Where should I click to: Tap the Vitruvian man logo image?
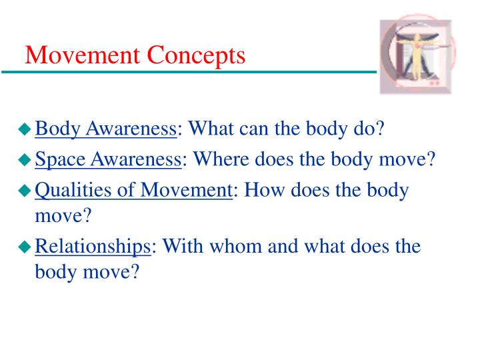[x=419, y=57]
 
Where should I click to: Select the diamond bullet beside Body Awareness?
[x=25, y=128]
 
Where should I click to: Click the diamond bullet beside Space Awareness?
[x=25, y=161]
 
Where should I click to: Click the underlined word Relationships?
[x=93, y=247]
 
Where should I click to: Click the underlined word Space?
[x=59, y=160]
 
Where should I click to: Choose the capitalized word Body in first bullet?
[x=56, y=127]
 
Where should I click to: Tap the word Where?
[x=224, y=160]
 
